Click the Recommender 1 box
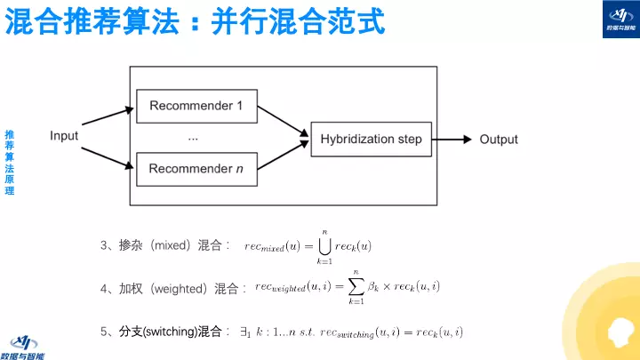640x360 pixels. click(x=196, y=107)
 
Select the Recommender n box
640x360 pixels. click(x=196, y=169)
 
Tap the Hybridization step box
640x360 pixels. click(x=371, y=139)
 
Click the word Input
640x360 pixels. click(x=64, y=136)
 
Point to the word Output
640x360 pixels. click(x=499, y=140)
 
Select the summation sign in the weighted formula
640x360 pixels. click(x=356, y=286)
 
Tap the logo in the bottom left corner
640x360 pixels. click(x=27, y=345)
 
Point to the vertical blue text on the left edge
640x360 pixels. click(x=9, y=163)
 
